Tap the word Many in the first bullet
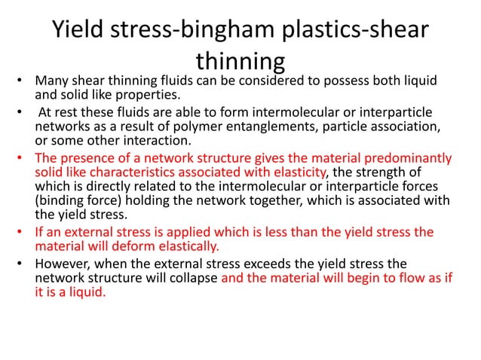(x=53, y=81)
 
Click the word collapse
(x=193, y=278)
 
